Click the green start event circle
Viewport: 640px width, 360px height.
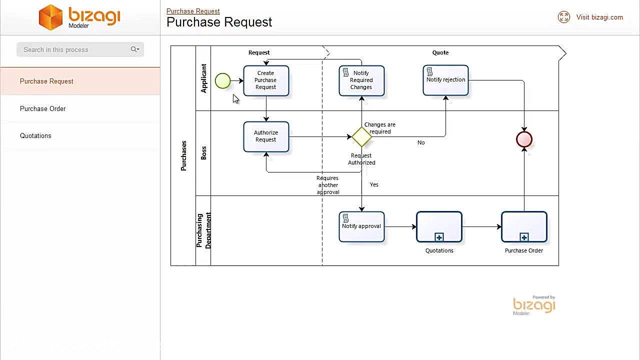click(x=222, y=81)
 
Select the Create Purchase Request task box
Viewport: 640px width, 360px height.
click(x=266, y=80)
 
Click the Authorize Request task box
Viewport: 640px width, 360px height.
click(x=266, y=136)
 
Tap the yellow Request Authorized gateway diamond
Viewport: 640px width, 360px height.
click(x=361, y=137)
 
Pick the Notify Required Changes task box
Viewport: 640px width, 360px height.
click(x=361, y=80)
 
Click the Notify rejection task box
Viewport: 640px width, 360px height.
click(x=445, y=80)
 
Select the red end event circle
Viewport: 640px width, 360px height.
click(x=524, y=139)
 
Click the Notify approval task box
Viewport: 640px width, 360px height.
click(x=361, y=227)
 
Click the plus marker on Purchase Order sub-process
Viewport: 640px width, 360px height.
click(x=524, y=237)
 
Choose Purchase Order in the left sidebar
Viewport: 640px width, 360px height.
click(x=43, y=108)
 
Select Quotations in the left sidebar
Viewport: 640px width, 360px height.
click(x=35, y=135)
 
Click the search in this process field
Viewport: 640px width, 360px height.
click(x=72, y=49)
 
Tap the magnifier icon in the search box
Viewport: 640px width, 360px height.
click(x=134, y=49)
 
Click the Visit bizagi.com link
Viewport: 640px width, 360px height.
click(x=599, y=17)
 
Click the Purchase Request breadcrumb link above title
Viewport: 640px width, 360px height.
click(x=193, y=11)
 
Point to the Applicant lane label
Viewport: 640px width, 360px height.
click(x=203, y=78)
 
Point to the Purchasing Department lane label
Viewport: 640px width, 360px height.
click(x=203, y=230)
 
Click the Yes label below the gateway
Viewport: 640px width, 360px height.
click(x=374, y=184)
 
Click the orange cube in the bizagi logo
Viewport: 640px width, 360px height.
click(x=50, y=17)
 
